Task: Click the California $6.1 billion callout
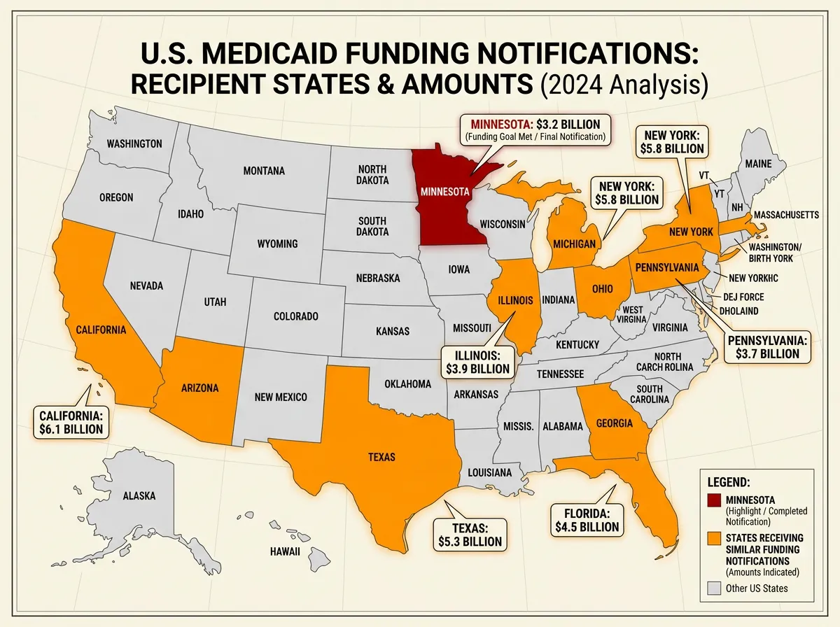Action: [x=71, y=422]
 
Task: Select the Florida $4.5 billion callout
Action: [x=586, y=519]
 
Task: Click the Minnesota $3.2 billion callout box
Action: [x=535, y=129]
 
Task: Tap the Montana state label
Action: [x=264, y=170]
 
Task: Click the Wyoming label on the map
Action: [x=278, y=244]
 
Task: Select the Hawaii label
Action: [x=285, y=551]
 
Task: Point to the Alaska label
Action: [x=139, y=495]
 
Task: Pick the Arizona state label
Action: [x=199, y=388]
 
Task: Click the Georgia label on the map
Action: [x=615, y=423]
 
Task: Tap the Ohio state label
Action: [x=602, y=290]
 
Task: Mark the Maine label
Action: [x=758, y=164]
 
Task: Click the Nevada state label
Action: [x=147, y=286]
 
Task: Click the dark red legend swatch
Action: [x=713, y=500]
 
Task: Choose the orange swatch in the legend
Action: [x=713, y=538]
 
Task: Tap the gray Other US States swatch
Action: [x=713, y=589]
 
